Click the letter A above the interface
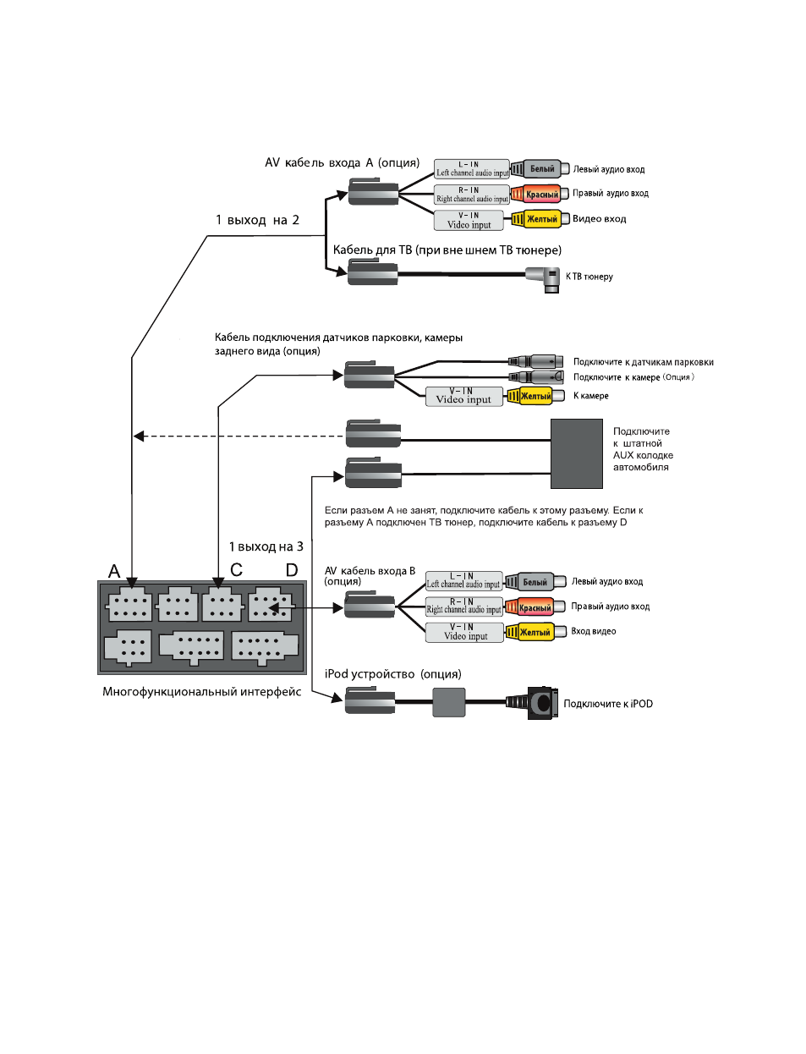tap(114, 572)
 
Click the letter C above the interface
tap(236, 569)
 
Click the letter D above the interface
tap(292, 569)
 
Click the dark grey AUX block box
tap(576, 453)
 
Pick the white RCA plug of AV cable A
tap(540, 169)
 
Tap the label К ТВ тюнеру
tap(589, 277)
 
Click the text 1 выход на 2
tap(257, 220)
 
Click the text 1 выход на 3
tap(266, 546)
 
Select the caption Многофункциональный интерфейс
tap(201, 691)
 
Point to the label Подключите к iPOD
tap(608, 704)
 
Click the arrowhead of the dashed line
tap(140, 436)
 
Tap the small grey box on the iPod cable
tap(449, 702)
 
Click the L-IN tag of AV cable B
tap(463, 580)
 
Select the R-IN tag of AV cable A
tap(471, 195)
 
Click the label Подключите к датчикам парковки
tap(644, 362)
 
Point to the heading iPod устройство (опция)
tap(392, 674)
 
